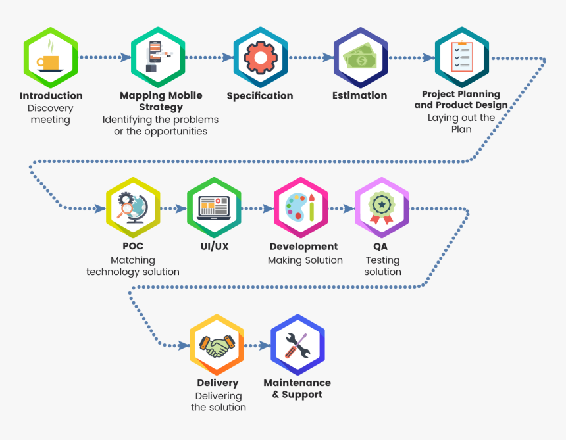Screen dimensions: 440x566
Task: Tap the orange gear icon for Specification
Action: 260,58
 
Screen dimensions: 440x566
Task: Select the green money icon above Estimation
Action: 359,58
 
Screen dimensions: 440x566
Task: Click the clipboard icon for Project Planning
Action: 461,57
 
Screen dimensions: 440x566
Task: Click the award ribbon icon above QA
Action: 382,208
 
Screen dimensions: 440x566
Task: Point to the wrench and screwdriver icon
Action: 297,345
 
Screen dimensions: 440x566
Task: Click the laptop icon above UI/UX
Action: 214,208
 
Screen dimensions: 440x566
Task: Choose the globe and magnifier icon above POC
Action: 133,208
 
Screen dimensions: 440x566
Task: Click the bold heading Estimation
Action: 359,95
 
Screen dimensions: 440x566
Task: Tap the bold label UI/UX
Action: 214,247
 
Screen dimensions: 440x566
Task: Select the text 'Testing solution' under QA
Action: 382,266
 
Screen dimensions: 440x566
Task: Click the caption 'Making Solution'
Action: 305,260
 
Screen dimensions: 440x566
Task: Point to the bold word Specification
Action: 260,96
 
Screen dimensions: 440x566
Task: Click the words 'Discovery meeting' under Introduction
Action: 51,114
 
